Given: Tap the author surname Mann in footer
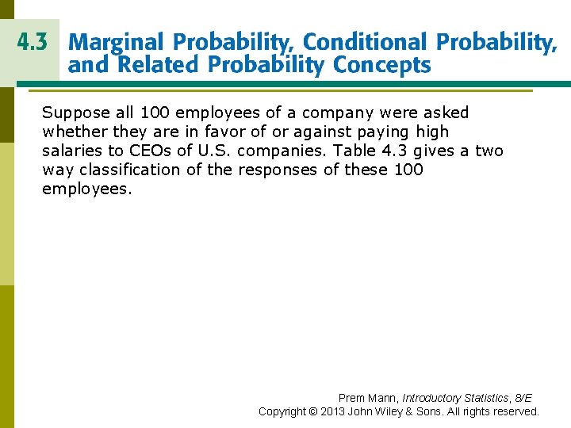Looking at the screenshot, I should (x=382, y=398).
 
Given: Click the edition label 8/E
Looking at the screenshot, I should (x=523, y=398).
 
